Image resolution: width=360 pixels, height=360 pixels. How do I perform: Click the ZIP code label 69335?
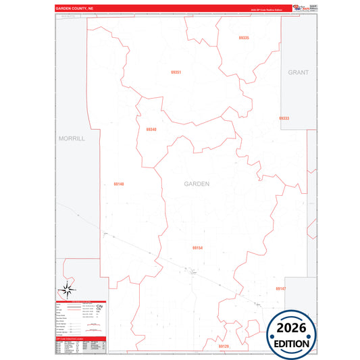click(x=244, y=38)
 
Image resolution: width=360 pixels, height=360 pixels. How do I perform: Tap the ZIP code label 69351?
click(x=176, y=72)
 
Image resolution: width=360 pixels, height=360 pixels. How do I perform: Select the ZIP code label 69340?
click(x=151, y=129)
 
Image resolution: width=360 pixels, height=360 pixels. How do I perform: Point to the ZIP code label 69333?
click(x=284, y=118)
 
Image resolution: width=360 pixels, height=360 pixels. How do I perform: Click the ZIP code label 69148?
click(x=119, y=183)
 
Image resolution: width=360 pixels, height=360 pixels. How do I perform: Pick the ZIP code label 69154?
click(x=197, y=248)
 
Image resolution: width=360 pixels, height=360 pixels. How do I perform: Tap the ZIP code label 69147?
click(x=281, y=288)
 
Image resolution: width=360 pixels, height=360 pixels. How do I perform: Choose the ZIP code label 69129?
click(x=224, y=346)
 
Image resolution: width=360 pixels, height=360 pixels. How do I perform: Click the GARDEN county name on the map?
click(x=197, y=184)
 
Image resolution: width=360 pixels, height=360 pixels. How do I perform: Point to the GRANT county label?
click(x=298, y=72)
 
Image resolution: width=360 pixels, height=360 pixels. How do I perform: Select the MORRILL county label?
click(x=72, y=138)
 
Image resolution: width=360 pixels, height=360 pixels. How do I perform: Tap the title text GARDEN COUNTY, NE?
click(x=75, y=9)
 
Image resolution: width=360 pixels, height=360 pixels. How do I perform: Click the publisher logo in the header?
click(x=297, y=7)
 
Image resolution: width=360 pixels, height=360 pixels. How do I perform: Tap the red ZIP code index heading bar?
click(x=80, y=338)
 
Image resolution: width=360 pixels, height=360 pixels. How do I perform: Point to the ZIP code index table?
click(x=80, y=345)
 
